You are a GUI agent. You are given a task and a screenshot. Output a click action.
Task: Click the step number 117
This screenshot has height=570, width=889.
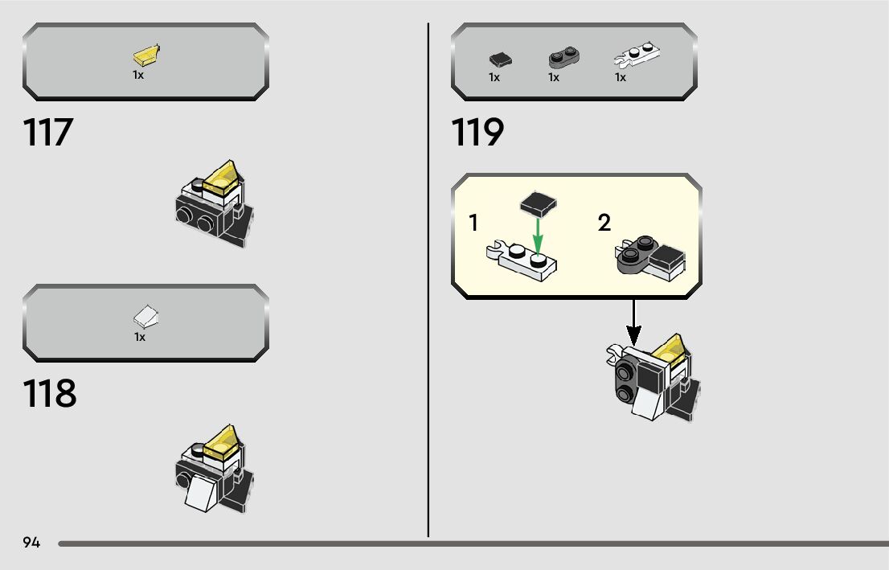coord(48,133)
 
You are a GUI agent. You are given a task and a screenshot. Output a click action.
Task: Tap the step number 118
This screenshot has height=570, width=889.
coord(50,393)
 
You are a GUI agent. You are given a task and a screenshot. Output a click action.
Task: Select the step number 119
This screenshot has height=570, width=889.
coord(477,133)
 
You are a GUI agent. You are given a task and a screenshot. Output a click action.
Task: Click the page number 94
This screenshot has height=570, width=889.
coord(31,543)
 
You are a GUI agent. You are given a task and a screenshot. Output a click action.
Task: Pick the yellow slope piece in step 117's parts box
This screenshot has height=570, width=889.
coord(147,55)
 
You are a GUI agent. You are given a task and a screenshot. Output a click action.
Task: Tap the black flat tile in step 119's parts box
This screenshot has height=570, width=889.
coord(500,59)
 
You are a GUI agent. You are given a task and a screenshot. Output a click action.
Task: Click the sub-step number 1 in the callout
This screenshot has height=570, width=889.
coord(474,223)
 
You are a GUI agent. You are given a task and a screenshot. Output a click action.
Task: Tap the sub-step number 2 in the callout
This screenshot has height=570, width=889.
coord(604,223)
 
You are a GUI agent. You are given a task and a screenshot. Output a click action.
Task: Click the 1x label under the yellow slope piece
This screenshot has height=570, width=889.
coord(138,75)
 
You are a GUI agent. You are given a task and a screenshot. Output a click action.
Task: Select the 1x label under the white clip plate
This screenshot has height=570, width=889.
coord(621,78)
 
